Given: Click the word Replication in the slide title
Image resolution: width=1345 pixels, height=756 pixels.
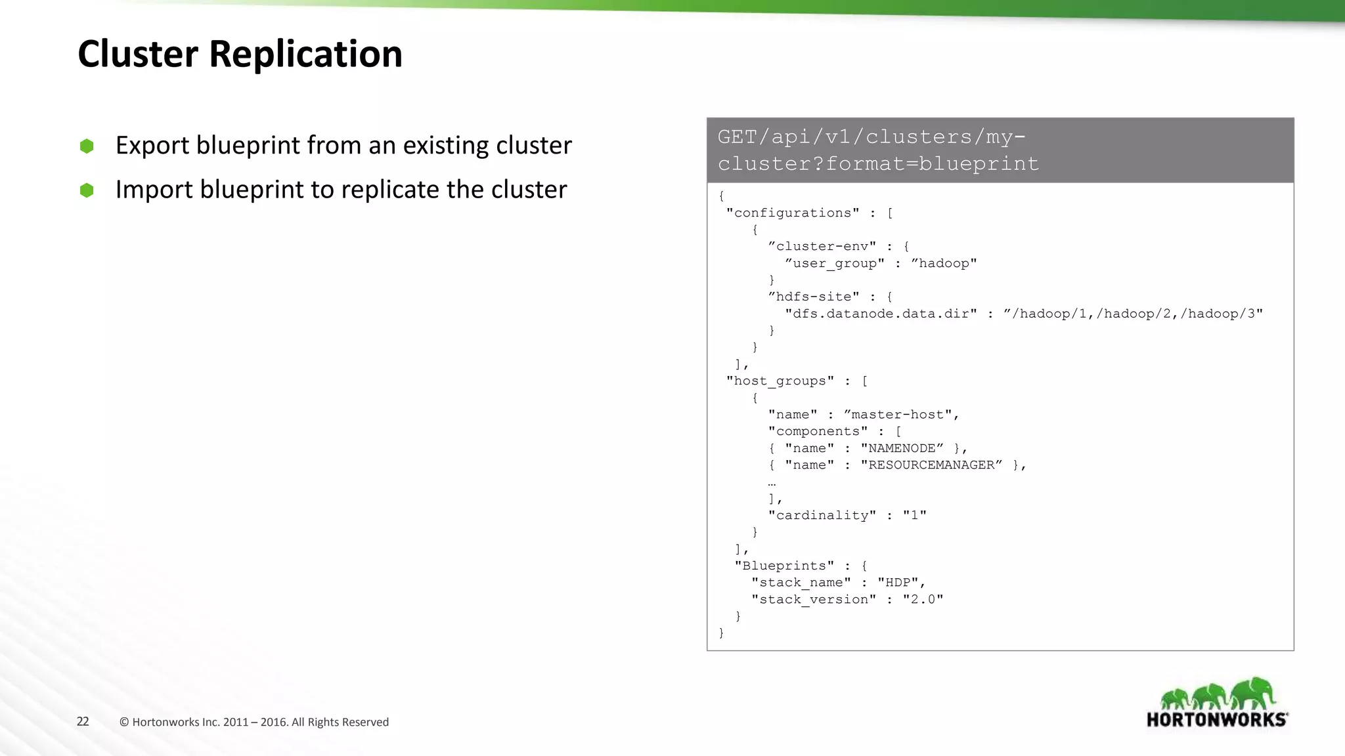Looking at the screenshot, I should pos(305,54).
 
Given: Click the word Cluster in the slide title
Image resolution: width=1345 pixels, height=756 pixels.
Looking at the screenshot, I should pos(138,54).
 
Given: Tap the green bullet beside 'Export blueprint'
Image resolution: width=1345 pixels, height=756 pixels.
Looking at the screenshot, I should pos(87,146).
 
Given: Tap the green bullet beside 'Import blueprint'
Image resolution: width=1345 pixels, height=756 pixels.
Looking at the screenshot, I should pos(87,190).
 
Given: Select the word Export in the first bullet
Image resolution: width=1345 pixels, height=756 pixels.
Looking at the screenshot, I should pos(152,146).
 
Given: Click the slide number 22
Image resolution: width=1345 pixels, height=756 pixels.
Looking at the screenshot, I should pos(83,721).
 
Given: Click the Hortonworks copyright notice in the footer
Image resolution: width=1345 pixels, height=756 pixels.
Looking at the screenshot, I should pos(254,722).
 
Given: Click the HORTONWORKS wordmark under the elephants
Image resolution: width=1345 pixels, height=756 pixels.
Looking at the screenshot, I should pos(1217,720).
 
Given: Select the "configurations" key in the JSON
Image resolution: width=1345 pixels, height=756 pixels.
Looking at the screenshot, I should pos(793,213).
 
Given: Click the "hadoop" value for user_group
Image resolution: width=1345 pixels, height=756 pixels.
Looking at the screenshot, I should pos(944,263).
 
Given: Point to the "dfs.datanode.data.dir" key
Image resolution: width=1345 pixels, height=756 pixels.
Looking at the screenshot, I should pos(881,314).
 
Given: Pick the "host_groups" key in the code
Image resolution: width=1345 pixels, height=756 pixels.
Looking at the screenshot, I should pos(780,381).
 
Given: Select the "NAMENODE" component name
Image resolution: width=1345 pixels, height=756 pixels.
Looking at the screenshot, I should pos(902,448).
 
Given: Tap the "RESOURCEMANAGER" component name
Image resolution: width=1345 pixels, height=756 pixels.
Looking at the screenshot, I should pos(932,465).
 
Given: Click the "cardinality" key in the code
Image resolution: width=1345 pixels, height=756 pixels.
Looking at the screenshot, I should pos(822,515).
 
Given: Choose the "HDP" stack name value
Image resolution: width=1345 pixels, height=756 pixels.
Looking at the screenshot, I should pos(898,582).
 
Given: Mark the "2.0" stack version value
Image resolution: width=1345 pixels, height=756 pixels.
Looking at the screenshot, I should pos(923,599).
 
